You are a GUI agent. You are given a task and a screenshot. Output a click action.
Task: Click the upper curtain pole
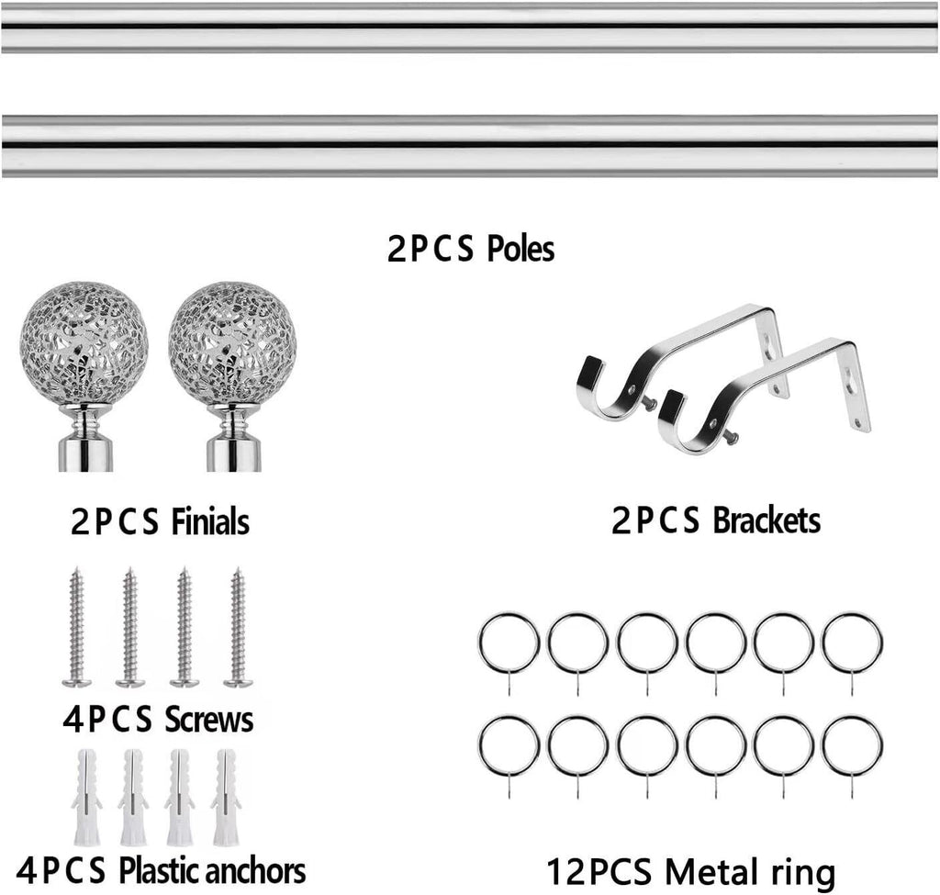pyautogui.click(x=470, y=28)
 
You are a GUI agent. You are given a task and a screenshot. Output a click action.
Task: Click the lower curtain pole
pyautogui.click(x=470, y=146)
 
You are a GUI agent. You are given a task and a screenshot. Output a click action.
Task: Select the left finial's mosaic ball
pyautogui.click(x=84, y=343)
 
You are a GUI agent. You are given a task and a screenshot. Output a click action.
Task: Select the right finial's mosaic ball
pyautogui.click(x=232, y=343)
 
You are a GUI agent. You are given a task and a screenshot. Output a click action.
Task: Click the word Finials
pyautogui.click(x=210, y=520)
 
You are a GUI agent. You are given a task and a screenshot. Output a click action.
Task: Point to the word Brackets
pyautogui.click(x=767, y=520)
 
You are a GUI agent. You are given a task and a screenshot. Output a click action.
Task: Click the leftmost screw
pyautogui.click(x=77, y=627)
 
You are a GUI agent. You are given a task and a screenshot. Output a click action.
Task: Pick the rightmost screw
pyautogui.click(x=239, y=627)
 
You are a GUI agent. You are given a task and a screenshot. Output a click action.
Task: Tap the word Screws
pyautogui.click(x=208, y=720)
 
